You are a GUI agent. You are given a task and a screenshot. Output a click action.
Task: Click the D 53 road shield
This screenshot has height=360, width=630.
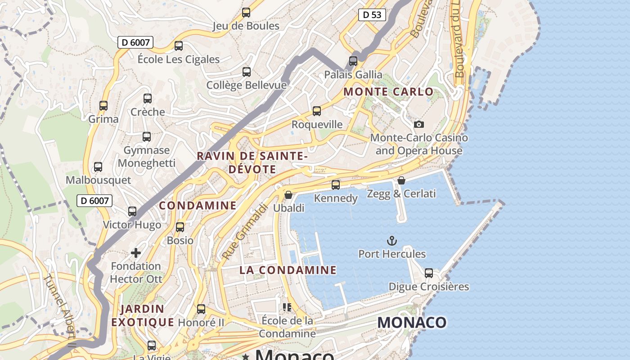[372, 15]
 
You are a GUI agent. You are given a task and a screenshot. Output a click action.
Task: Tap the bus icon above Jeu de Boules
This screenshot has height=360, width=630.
[246, 13]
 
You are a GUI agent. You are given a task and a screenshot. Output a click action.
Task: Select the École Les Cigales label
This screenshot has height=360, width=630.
[179, 59]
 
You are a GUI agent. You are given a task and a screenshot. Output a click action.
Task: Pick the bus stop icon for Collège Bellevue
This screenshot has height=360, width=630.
[247, 72]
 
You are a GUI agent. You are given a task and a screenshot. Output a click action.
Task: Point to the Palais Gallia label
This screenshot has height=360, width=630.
[353, 75]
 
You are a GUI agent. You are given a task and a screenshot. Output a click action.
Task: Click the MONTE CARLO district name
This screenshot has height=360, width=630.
[389, 92]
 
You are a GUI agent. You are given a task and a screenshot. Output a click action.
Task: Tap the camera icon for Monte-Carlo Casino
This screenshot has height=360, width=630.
[419, 124]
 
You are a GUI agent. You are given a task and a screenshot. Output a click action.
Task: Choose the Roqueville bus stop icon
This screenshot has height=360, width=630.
[317, 111]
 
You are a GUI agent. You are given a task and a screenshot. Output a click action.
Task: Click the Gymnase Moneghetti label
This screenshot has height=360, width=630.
[147, 157]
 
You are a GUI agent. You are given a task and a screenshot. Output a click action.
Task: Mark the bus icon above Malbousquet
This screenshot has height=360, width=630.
[98, 167]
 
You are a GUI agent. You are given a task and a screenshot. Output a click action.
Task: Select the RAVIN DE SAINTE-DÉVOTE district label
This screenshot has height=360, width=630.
[252, 162]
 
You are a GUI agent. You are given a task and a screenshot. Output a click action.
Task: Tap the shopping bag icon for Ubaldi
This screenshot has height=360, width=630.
[288, 195]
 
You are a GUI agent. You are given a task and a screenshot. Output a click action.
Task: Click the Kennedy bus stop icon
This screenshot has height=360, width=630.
[336, 185]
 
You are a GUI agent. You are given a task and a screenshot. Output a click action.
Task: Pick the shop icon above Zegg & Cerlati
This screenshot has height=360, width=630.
[401, 180]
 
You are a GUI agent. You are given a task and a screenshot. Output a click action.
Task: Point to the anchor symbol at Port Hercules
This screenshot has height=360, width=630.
[392, 241]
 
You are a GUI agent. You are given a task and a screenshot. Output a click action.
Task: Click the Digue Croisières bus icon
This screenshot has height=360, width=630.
[429, 273]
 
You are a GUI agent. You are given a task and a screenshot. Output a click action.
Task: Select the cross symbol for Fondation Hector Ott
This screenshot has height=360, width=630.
[136, 253]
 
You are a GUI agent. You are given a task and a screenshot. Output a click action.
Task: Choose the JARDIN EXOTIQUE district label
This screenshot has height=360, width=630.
[143, 315]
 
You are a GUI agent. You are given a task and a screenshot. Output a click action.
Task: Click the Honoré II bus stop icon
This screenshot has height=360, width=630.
[201, 309]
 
